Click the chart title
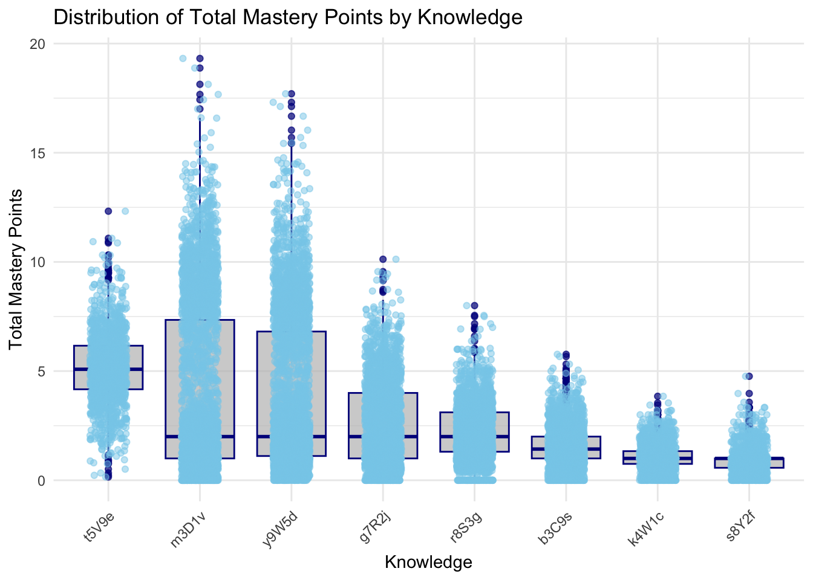(288, 18)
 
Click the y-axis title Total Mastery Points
(16, 269)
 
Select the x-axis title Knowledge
(428, 562)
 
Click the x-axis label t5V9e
(99, 523)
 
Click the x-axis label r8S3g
(463, 523)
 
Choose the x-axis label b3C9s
(555, 523)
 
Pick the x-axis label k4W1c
(646, 523)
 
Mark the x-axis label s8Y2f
(739, 523)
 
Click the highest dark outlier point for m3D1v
(200, 59)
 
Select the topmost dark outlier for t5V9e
(108, 211)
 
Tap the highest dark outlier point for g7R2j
(383, 259)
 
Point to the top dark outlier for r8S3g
(475, 306)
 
